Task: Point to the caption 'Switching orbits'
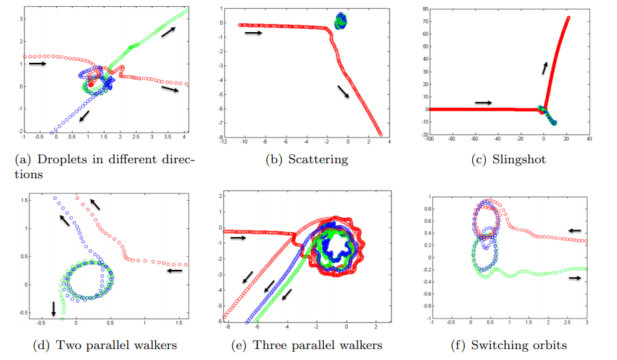519,345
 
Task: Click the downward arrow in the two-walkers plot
54,309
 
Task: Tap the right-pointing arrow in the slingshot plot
483,102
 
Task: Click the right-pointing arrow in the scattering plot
252,32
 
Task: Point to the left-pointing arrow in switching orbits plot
576,230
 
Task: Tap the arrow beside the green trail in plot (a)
168,32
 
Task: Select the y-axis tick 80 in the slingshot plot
424,10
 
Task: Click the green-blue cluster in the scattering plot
340,21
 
